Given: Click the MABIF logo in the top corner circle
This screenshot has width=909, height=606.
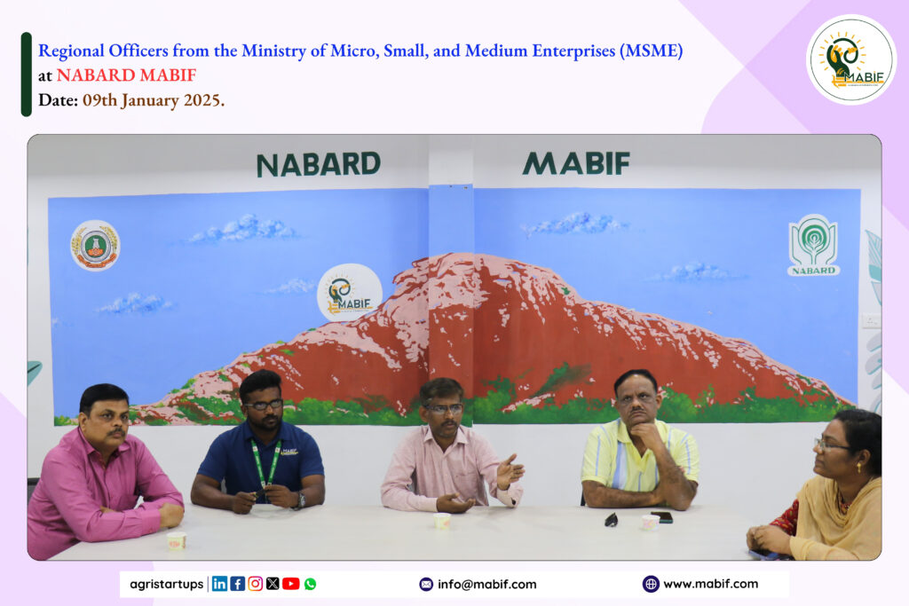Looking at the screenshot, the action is [x=850, y=59].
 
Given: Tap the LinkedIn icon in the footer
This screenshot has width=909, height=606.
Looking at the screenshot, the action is [x=220, y=584].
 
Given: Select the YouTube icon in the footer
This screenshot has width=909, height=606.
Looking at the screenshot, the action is [x=291, y=584].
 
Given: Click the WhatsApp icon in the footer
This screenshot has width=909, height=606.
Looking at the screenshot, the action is [x=310, y=584].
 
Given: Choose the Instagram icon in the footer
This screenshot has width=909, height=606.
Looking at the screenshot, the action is [x=255, y=584].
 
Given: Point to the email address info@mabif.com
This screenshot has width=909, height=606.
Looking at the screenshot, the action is [x=487, y=584].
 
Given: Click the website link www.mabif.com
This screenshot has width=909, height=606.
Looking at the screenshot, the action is [x=710, y=584].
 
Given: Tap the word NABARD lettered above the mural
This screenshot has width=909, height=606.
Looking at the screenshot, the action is [x=319, y=164].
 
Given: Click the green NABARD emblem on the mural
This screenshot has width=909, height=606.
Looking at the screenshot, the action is [x=813, y=245].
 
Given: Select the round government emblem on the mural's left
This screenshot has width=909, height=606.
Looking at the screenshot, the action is [x=95, y=245].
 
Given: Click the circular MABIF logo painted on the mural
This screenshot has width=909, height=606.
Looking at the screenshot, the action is [x=350, y=293].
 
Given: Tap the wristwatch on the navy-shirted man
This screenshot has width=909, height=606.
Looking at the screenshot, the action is [x=300, y=500].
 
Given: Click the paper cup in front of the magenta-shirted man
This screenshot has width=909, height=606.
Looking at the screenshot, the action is [x=177, y=540].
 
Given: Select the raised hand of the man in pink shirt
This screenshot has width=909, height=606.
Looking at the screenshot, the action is [x=509, y=471].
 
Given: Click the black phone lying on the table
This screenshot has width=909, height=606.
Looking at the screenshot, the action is [x=662, y=516].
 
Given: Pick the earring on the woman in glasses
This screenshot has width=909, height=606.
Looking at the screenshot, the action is [x=859, y=467].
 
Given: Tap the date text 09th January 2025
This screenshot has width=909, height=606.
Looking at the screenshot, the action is [x=153, y=100].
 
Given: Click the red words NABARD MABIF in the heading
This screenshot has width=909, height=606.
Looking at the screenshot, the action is [x=126, y=75].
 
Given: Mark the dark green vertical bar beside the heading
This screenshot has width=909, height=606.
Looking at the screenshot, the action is [x=26, y=75].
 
